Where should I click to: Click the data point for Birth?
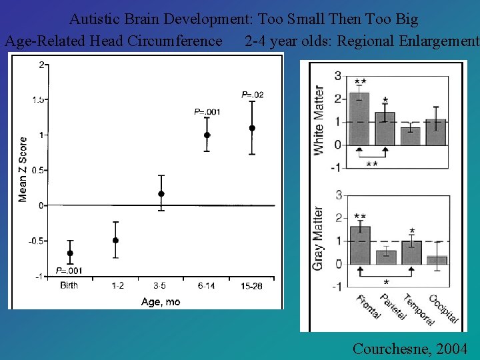click(x=70, y=253)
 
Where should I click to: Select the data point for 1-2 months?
click(x=115, y=240)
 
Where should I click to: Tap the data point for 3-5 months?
click(x=161, y=194)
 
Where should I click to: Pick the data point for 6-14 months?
click(x=207, y=135)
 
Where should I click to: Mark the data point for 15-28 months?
click(x=252, y=128)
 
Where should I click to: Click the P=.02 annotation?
click(x=252, y=95)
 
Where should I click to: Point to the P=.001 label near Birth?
click(x=69, y=270)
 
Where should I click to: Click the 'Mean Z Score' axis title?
click(x=23, y=169)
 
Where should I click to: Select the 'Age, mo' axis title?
click(x=161, y=302)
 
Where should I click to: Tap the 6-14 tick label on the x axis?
click(x=207, y=285)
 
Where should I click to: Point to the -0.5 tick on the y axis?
click(x=37, y=241)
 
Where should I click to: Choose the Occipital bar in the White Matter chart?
click(x=436, y=133)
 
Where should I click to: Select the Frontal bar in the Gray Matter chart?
click(x=360, y=245)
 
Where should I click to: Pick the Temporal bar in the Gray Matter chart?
click(x=411, y=253)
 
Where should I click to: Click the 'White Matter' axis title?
click(x=319, y=121)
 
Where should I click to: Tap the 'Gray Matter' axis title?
click(x=319, y=239)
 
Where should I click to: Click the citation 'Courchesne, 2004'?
click(x=409, y=348)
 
